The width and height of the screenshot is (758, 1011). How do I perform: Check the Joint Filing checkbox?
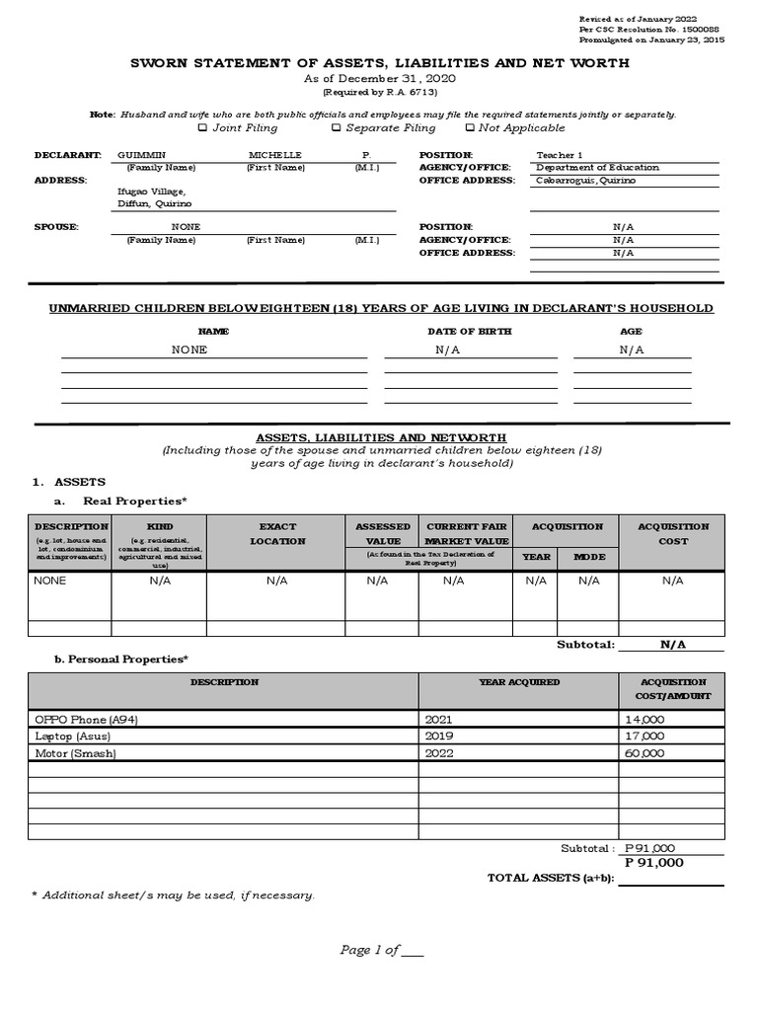click(x=202, y=127)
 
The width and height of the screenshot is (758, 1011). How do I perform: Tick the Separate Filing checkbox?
click(x=336, y=127)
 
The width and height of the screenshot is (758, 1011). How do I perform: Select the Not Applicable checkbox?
click(x=469, y=127)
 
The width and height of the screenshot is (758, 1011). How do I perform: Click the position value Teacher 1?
click(x=559, y=156)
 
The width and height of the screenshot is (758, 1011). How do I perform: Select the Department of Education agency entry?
click(x=597, y=168)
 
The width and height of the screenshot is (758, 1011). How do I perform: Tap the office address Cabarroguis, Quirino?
click(x=585, y=181)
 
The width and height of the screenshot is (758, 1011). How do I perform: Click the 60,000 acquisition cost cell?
click(x=644, y=752)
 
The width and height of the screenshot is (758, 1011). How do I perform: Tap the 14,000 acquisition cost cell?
click(x=644, y=720)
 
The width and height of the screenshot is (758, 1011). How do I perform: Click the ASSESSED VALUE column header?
click(x=382, y=534)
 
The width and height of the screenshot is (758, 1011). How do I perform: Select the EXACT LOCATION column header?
click(x=277, y=534)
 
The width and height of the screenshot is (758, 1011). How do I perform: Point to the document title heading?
click(x=380, y=63)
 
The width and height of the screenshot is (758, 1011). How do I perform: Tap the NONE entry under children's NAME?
click(x=189, y=350)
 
